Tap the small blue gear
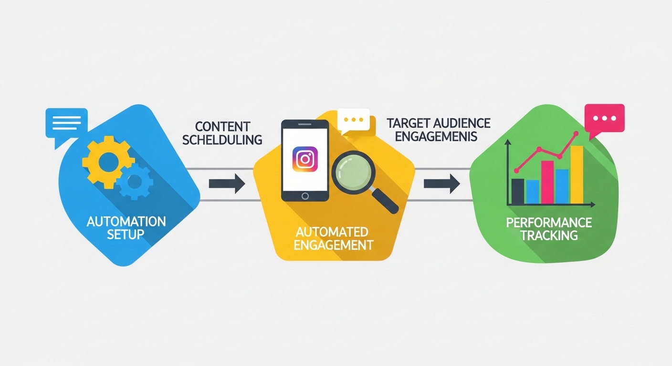pyautogui.click(x=135, y=182)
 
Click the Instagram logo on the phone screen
pyautogui.click(x=304, y=159)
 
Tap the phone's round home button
pyautogui.click(x=305, y=195)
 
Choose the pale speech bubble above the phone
pyautogui.click(x=353, y=120)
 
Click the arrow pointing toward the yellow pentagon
pyautogui.click(x=227, y=183)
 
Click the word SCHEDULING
pyautogui.click(x=222, y=140)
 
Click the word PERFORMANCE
pyautogui.click(x=549, y=222)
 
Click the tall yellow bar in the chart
pyautogui.click(x=577, y=175)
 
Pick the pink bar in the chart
pyautogui.click(x=547, y=182)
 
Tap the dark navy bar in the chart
pyautogui.click(x=518, y=192)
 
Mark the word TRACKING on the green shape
pyautogui.click(x=549, y=235)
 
